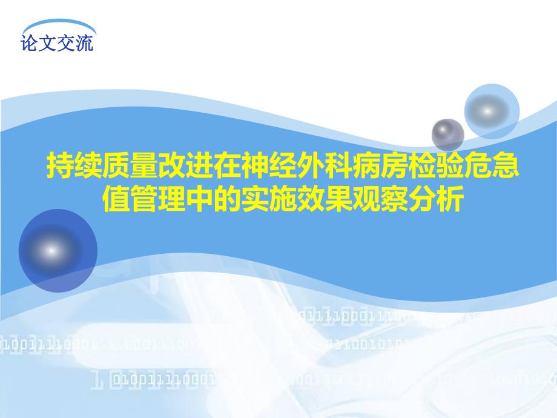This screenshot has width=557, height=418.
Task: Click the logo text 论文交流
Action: pyautogui.click(x=58, y=44)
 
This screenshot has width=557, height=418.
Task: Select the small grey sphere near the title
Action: pyautogui.click(x=447, y=134)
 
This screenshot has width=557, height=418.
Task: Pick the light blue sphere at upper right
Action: pyautogui.click(x=492, y=111)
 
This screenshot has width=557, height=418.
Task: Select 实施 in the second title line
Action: pyautogui.click(x=270, y=199)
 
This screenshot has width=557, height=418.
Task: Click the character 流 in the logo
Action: pyautogui.click(x=85, y=44)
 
